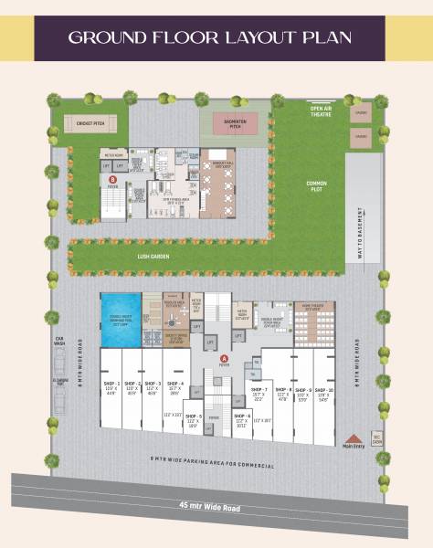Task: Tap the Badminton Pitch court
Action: (x=235, y=122)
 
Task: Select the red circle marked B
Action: (x=112, y=180)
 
